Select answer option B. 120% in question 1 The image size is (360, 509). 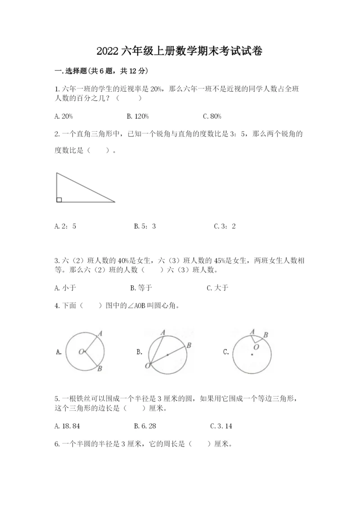[x=138, y=117]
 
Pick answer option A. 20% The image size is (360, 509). [x=63, y=117]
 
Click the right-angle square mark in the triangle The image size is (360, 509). [x=59, y=199]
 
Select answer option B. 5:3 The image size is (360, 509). [x=145, y=226]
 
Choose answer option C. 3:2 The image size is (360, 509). [x=225, y=226]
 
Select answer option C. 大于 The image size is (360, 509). [x=217, y=288]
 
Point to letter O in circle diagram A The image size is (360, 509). [x=81, y=351]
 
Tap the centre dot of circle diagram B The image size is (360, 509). [x=167, y=355]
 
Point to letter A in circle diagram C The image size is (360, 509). [x=252, y=332]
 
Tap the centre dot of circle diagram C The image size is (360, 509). [x=252, y=355]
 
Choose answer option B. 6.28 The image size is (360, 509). [x=145, y=426]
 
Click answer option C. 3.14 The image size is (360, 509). [x=221, y=426]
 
